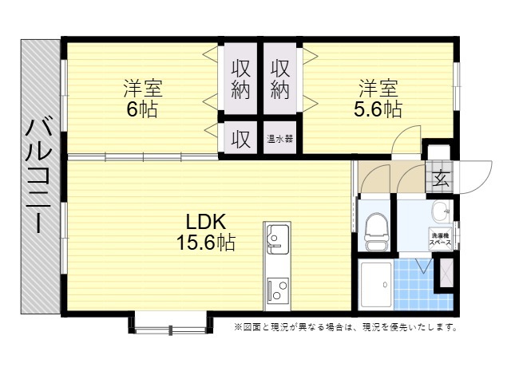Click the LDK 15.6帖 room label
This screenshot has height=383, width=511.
[206, 232]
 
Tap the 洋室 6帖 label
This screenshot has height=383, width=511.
[142, 97]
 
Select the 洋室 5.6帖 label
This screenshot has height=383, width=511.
[378, 97]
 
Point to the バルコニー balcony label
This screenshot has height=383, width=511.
[39, 176]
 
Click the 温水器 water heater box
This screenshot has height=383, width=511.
[280, 138]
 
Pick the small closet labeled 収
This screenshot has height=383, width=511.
[241, 138]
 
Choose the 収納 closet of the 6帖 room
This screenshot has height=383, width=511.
[241, 78]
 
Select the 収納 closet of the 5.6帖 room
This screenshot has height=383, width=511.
[280, 78]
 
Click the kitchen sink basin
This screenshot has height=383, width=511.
[277, 239]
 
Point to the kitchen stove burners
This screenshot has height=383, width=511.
[278, 290]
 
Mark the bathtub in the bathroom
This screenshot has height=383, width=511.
[376, 285]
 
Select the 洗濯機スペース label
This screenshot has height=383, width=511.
[440, 239]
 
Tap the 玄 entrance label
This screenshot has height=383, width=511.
[440, 178]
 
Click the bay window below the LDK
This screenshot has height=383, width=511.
[171, 323]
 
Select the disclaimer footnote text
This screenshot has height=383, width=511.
[346, 326]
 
